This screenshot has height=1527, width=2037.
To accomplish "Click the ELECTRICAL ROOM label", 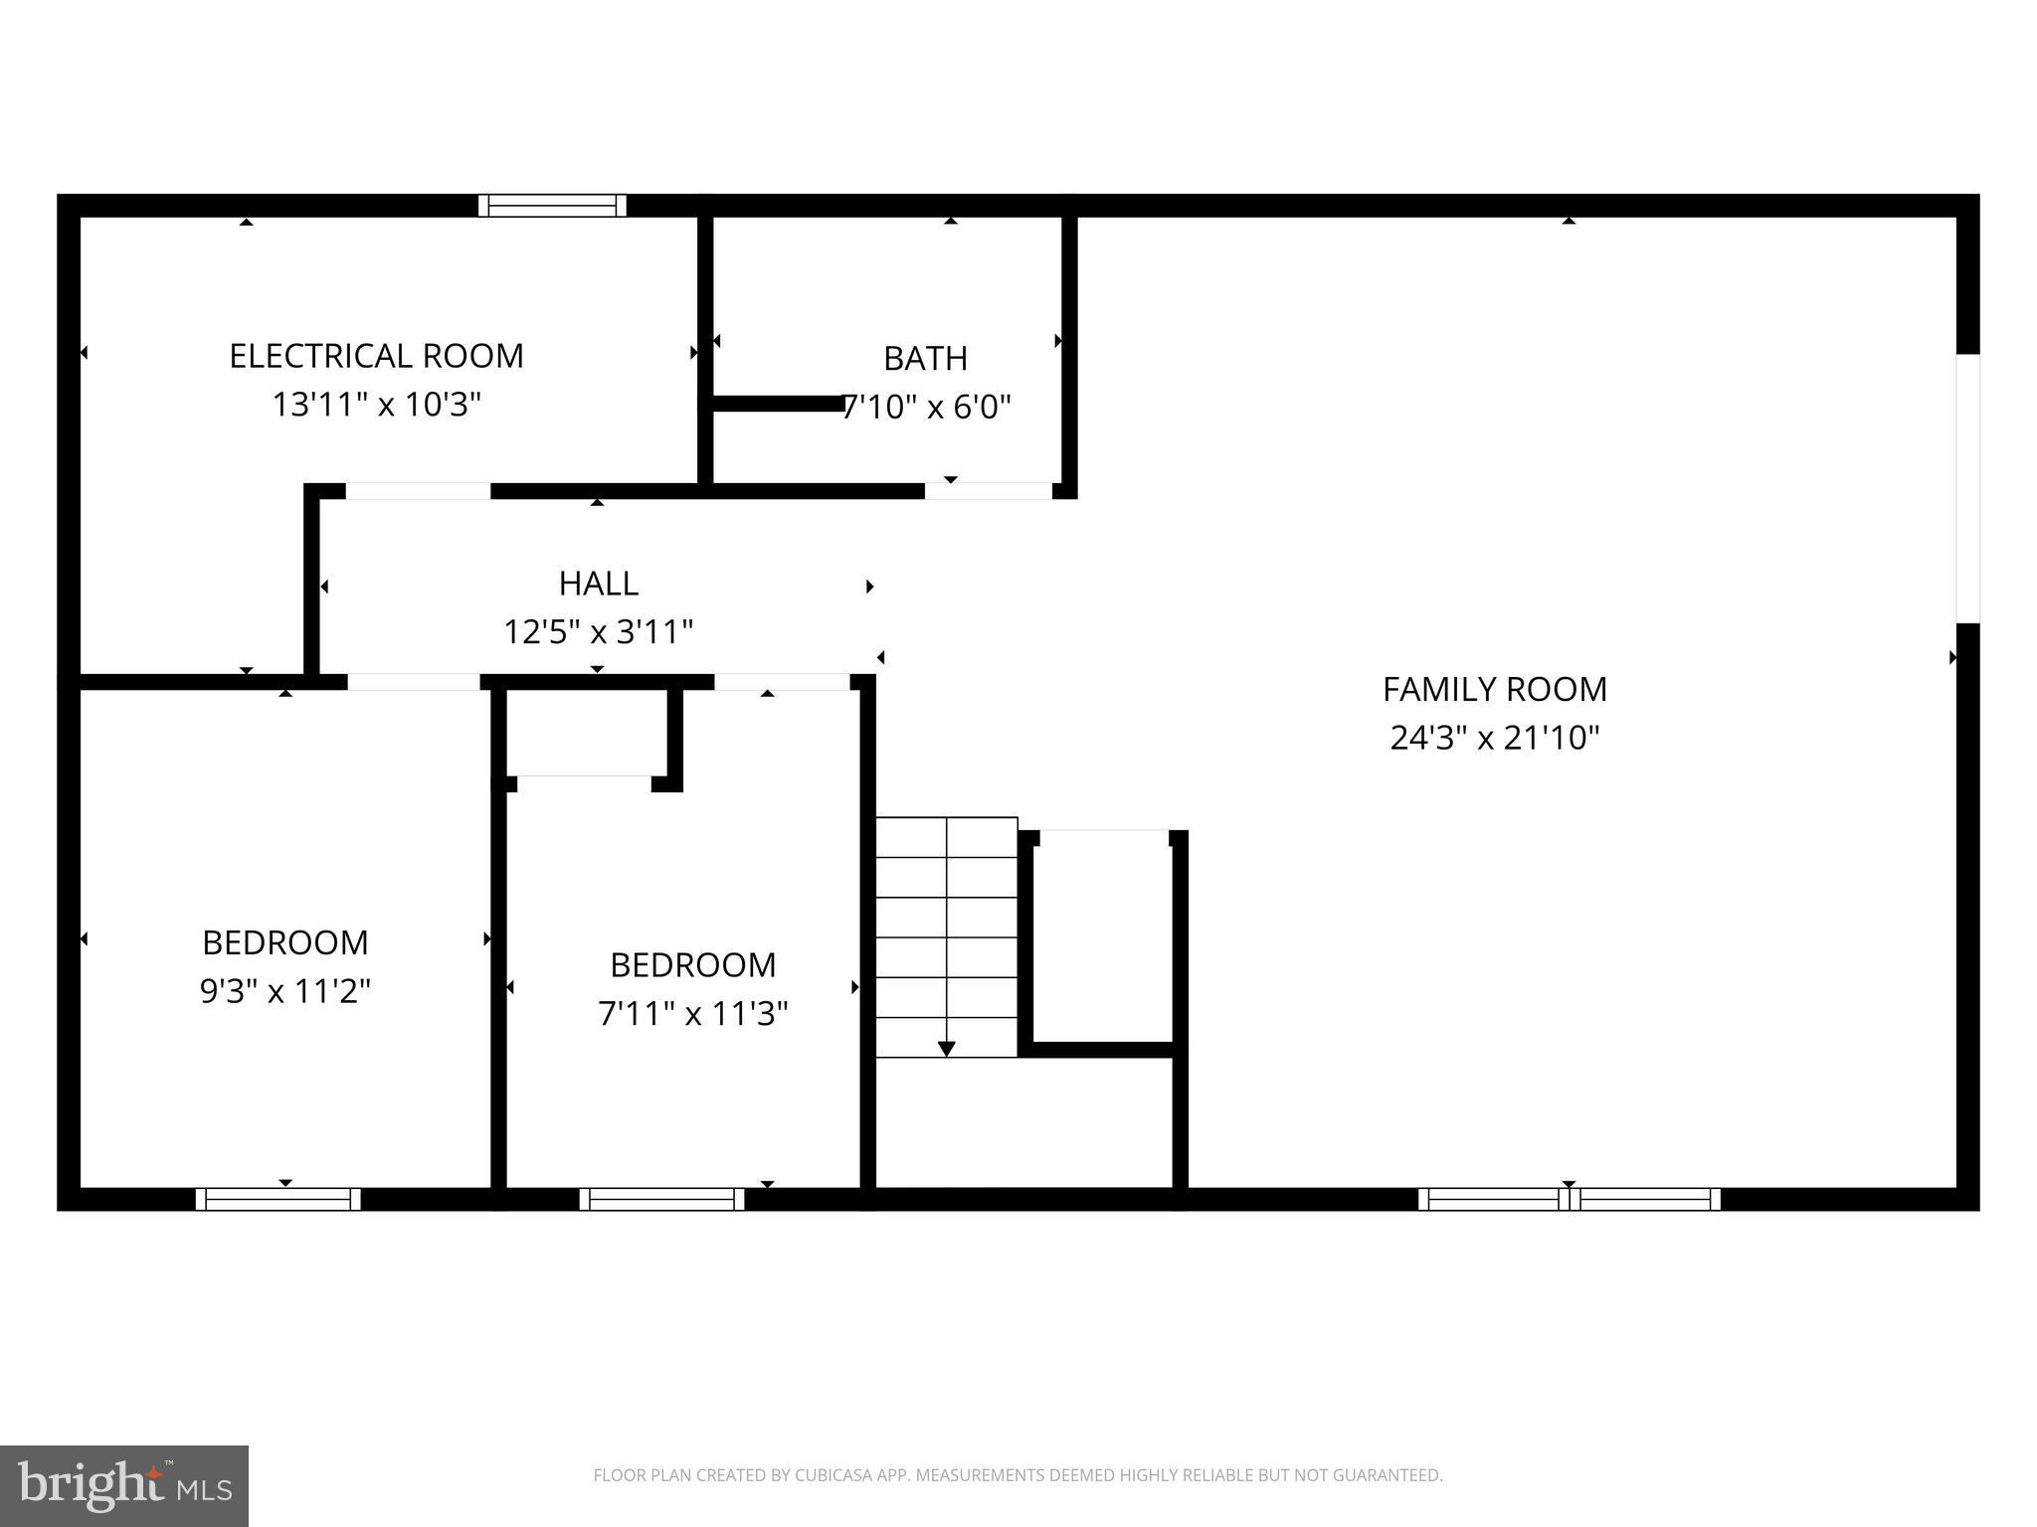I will pyautogui.click(x=376, y=356).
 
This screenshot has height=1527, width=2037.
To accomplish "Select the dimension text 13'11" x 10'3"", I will pyautogui.click(x=376, y=405).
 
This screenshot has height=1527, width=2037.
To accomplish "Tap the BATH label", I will pyautogui.click(x=925, y=358).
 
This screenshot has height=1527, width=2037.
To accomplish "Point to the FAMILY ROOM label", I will pyautogui.click(x=1494, y=689).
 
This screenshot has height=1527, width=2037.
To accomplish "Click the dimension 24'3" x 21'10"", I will pyautogui.click(x=1494, y=738).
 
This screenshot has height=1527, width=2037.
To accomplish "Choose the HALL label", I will pyautogui.click(x=598, y=583).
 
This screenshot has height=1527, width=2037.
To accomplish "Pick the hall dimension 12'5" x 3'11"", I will pyautogui.click(x=598, y=631).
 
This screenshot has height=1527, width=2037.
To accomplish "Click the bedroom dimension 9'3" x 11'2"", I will pyautogui.click(x=285, y=991).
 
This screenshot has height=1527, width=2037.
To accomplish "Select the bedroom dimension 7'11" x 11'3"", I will pyautogui.click(x=692, y=1013).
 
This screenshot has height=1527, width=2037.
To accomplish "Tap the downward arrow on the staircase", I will pyautogui.click(x=946, y=1048).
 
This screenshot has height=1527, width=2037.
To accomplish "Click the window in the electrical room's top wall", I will pyautogui.click(x=552, y=206).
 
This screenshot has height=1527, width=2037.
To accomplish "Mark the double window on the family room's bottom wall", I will pyautogui.click(x=1569, y=1199).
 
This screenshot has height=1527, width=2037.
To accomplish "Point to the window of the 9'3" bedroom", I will pyautogui.click(x=278, y=1199).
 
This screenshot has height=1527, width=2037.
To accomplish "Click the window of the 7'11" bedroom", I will pyautogui.click(x=661, y=1199).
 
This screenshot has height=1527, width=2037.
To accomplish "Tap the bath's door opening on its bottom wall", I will pyautogui.click(x=988, y=491).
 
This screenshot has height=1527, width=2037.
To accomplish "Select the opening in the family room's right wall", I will pyautogui.click(x=1967, y=488).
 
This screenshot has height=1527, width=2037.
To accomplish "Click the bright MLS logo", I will pyautogui.click(x=123, y=1486).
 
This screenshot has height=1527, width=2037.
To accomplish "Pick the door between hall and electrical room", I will pyautogui.click(x=418, y=491).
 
